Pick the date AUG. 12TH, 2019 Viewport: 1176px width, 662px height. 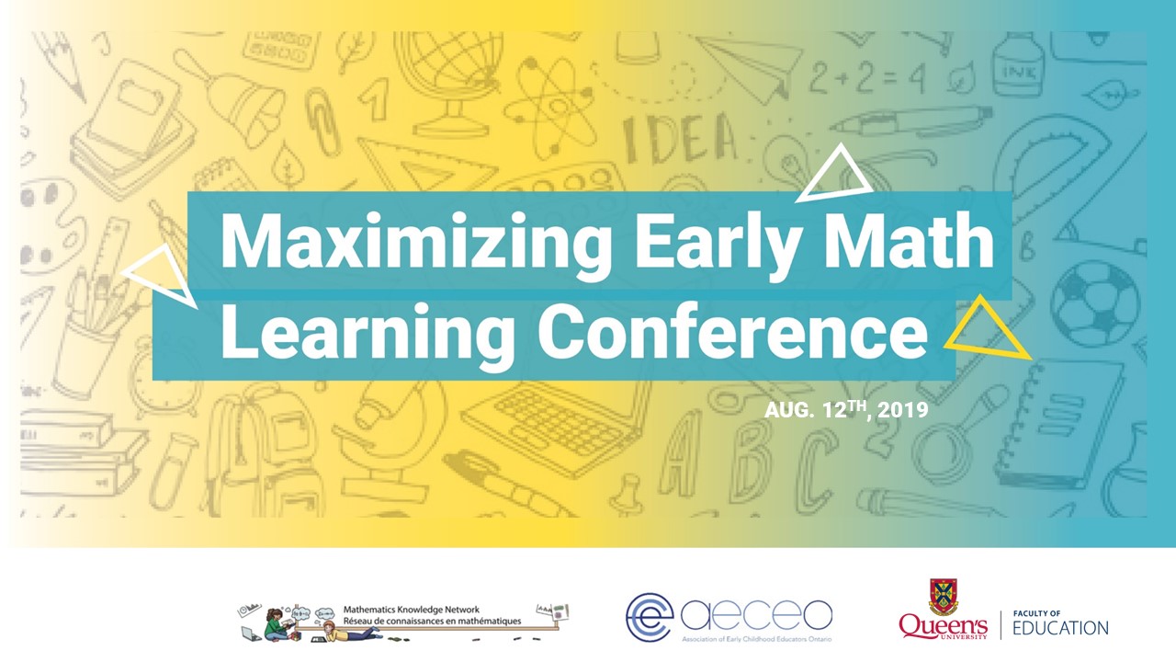(x=846, y=410)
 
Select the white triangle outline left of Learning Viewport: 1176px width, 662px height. (x=164, y=275)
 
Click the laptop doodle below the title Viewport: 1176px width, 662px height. (x=551, y=423)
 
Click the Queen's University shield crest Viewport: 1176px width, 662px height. (x=944, y=595)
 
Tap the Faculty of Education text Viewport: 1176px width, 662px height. (x=1060, y=622)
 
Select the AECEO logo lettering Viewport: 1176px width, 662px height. (x=758, y=615)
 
